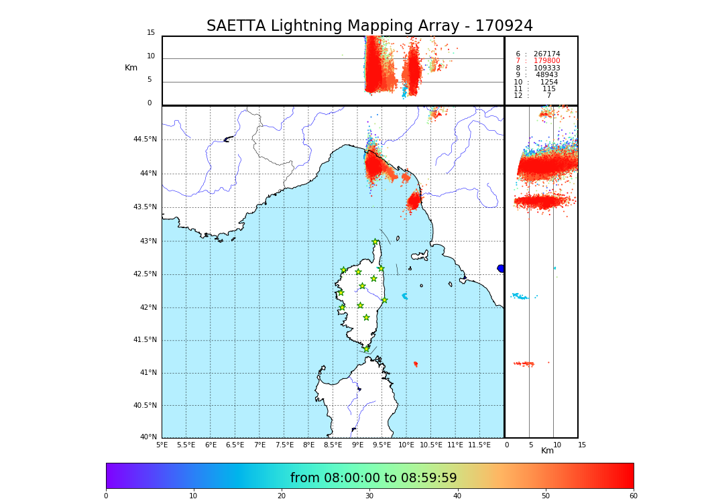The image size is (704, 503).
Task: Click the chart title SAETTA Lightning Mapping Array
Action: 369,26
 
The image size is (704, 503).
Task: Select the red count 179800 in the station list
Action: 546,61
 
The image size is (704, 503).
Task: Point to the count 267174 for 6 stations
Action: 546,54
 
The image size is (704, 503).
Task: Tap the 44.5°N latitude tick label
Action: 145,139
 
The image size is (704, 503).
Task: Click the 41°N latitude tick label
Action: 147,373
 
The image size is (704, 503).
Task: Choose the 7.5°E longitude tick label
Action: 284,445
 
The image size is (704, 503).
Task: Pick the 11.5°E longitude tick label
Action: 479,445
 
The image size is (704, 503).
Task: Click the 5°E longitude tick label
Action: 162,445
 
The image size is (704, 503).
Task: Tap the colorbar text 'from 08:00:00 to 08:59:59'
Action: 373,478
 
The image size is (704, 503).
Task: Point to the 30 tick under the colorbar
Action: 369,496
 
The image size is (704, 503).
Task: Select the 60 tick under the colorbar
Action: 633,496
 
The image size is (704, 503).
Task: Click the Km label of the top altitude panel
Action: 131,68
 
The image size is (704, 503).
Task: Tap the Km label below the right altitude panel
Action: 547,451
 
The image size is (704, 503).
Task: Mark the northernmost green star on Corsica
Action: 375,242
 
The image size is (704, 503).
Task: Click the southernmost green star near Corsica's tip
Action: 366,349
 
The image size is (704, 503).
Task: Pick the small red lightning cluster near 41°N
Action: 416,364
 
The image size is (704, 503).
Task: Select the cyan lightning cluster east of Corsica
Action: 404,296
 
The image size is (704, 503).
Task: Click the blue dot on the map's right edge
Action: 501,268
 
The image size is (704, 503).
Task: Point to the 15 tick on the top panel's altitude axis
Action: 151,33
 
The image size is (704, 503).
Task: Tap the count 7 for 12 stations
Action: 548,96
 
